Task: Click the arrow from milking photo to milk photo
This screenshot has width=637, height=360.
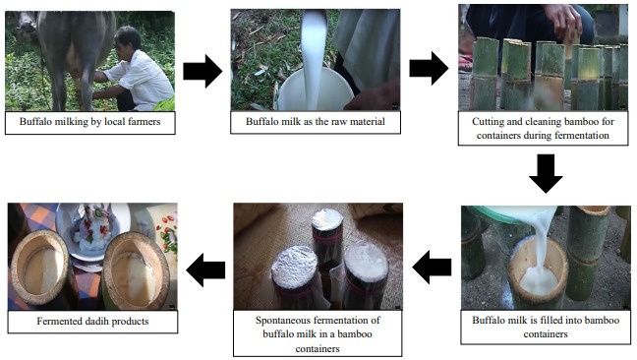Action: click(203, 71)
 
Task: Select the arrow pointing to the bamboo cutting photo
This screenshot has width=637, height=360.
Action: click(429, 68)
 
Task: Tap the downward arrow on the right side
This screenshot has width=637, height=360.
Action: click(546, 173)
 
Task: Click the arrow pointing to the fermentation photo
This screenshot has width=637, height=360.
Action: click(432, 267)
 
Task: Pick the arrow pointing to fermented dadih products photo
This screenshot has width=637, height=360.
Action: click(205, 270)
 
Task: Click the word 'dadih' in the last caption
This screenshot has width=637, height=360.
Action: click(97, 321)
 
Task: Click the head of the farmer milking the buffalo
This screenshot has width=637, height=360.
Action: click(127, 39)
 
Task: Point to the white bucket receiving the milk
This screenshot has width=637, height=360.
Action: click(316, 90)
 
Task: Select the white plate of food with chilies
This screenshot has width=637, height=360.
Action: click(91, 230)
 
